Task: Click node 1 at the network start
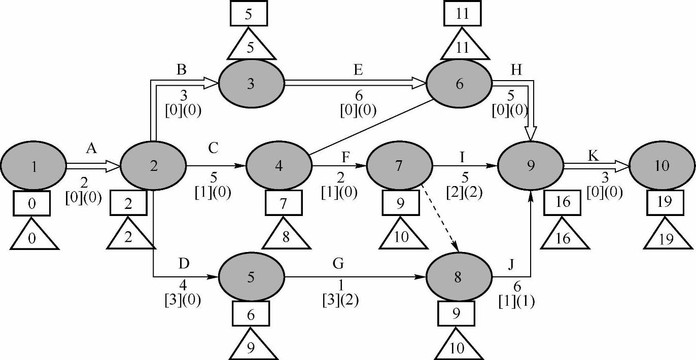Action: tap(33, 166)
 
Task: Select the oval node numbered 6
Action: tap(459, 84)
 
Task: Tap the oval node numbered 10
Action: tap(662, 166)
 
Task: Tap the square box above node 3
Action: tap(248, 15)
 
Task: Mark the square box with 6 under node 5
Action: tap(251, 314)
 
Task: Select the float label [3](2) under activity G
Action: tap(340, 300)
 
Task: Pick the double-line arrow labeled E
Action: tap(355, 83)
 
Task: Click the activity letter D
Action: tap(184, 263)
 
